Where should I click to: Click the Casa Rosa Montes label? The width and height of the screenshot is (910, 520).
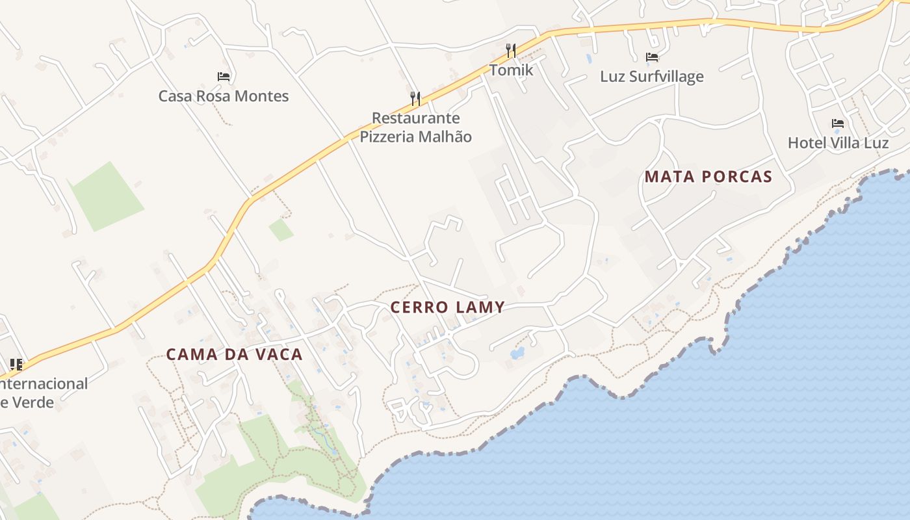[x=224, y=96]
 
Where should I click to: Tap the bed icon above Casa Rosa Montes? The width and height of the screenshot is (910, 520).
[x=224, y=77]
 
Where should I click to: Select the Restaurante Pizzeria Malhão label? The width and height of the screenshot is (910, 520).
[x=415, y=127]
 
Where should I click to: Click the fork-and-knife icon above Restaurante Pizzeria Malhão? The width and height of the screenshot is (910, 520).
[x=415, y=99]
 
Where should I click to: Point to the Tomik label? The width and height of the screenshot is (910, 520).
[x=511, y=70]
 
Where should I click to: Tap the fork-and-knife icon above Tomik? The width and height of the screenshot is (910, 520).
[x=511, y=51]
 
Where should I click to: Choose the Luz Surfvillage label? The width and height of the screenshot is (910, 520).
[x=651, y=77]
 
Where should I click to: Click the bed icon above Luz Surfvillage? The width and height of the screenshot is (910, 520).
[x=652, y=57]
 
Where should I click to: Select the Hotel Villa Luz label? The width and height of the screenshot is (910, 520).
[x=838, y=143]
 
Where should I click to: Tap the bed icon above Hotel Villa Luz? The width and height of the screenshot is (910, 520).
[x=838, y=123]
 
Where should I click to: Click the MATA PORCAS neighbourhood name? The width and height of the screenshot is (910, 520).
[x=708, y=177]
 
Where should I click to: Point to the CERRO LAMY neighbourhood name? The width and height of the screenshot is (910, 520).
[x=447, y=307]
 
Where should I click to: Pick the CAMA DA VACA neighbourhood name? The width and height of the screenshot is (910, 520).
[x=234, y=354]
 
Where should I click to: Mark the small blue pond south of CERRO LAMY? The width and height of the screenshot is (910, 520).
[x=517, y=354]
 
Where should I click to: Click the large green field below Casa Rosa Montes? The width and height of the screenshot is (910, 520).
[x=106, y=196]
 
